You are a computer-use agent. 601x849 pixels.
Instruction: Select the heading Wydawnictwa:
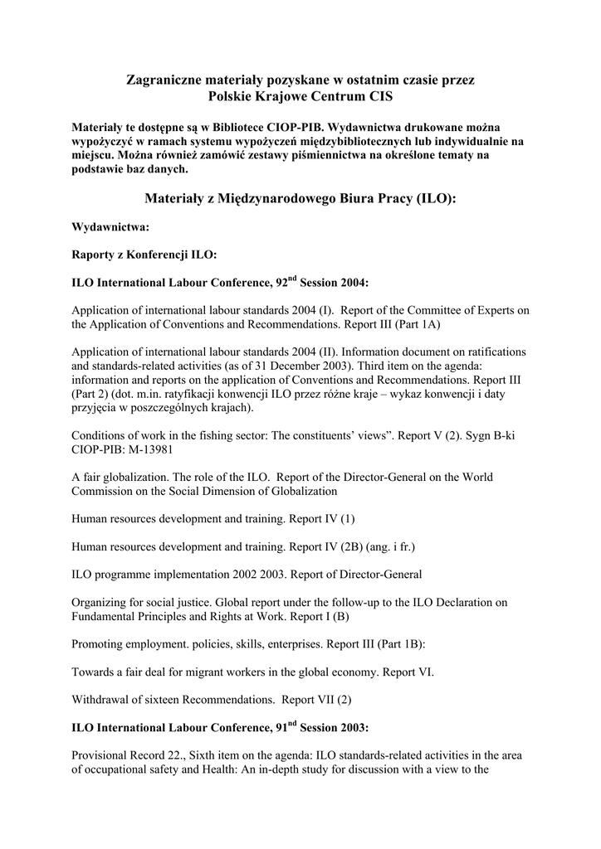(x=111, y=226)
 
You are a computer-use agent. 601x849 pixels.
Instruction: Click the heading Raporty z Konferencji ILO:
(x=144, y=255)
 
